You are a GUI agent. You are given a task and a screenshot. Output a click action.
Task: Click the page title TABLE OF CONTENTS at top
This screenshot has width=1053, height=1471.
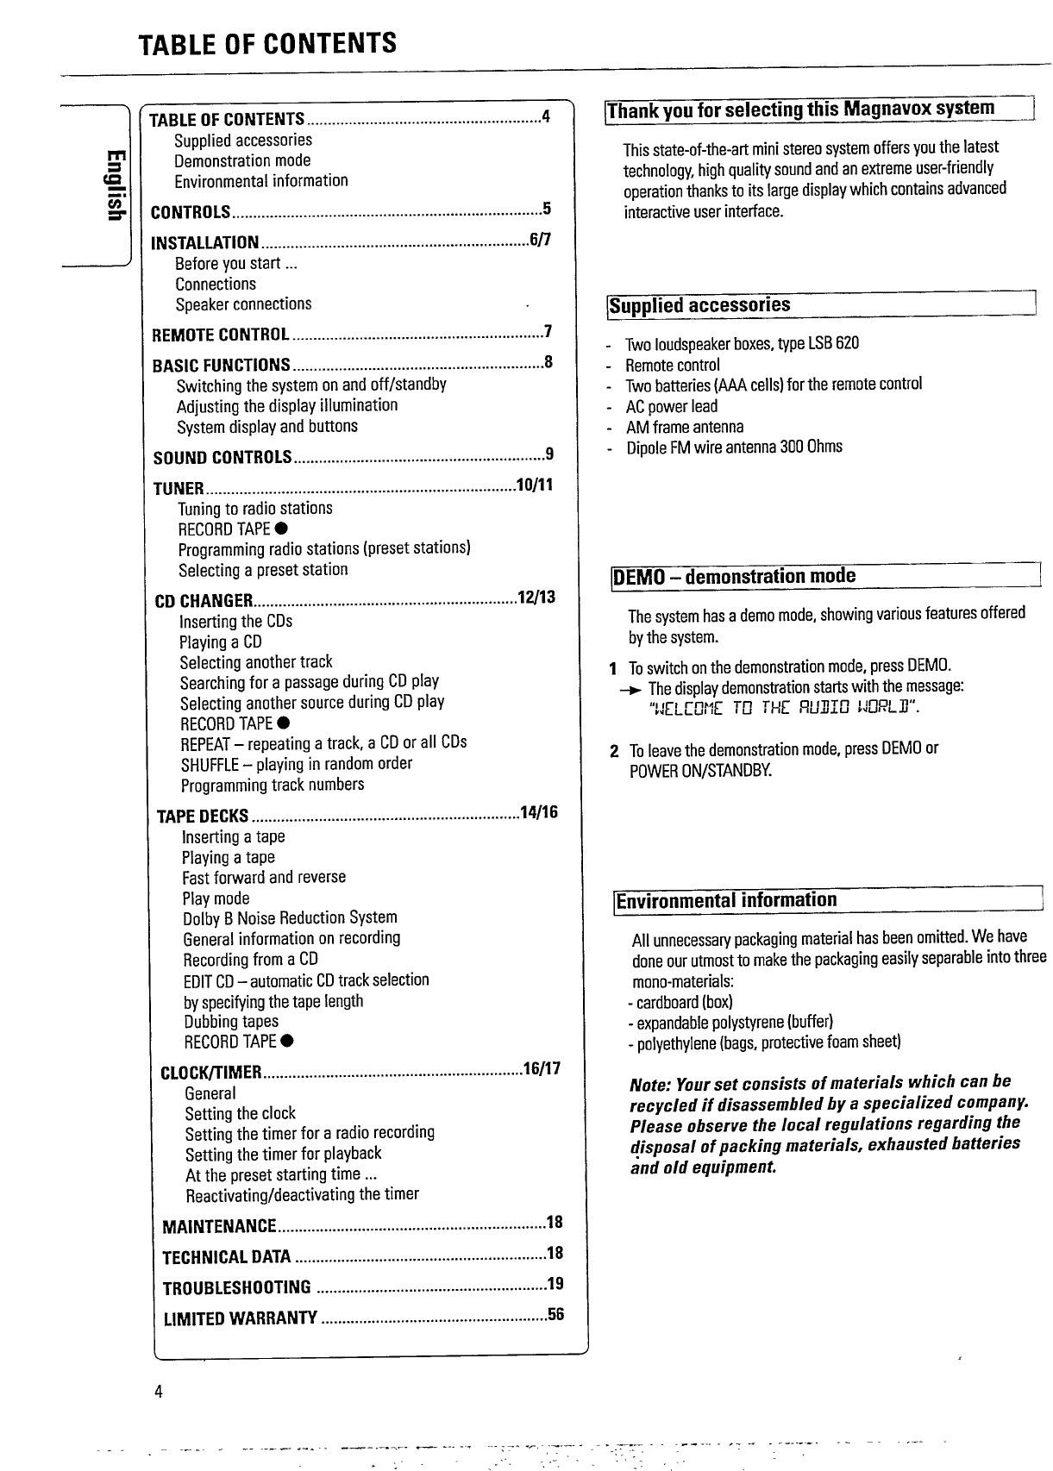[x=267, y=43]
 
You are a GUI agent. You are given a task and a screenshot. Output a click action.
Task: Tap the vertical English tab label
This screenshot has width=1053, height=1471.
[x=113, y=185]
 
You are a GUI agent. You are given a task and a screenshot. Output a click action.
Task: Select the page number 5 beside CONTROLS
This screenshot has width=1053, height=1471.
[x=546, y=209]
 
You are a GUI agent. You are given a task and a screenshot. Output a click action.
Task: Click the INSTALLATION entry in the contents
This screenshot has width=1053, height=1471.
[x=205, y=243]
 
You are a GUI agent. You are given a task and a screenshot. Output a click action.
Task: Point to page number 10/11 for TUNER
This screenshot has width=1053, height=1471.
[x=534, y=485]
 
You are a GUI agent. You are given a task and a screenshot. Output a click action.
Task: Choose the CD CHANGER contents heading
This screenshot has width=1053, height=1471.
[x=204, y=601]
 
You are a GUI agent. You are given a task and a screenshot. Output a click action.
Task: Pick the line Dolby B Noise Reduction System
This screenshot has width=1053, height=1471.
[x=290, y=917]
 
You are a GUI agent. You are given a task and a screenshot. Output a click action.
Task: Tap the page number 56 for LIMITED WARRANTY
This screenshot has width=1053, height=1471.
[x=555, y=1315]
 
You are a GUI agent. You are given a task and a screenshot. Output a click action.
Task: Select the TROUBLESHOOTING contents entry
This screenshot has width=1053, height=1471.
[x=237, y=1287]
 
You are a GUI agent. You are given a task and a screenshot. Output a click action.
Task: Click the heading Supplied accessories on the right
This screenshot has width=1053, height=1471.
[x=699, y=305]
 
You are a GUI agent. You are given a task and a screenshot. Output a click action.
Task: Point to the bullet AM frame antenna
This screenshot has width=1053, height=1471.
[x=685, y=427]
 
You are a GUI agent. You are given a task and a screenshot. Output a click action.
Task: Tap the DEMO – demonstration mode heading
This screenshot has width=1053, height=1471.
[x=734, y=576]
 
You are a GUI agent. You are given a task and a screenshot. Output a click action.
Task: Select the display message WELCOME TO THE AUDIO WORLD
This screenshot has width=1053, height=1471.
[x=783, y=709]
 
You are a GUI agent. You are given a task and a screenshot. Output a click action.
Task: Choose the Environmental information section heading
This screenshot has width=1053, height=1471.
[x=726, y=900]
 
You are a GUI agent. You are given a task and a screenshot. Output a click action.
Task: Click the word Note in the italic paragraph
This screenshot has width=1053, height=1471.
[x=649, y=1084]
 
